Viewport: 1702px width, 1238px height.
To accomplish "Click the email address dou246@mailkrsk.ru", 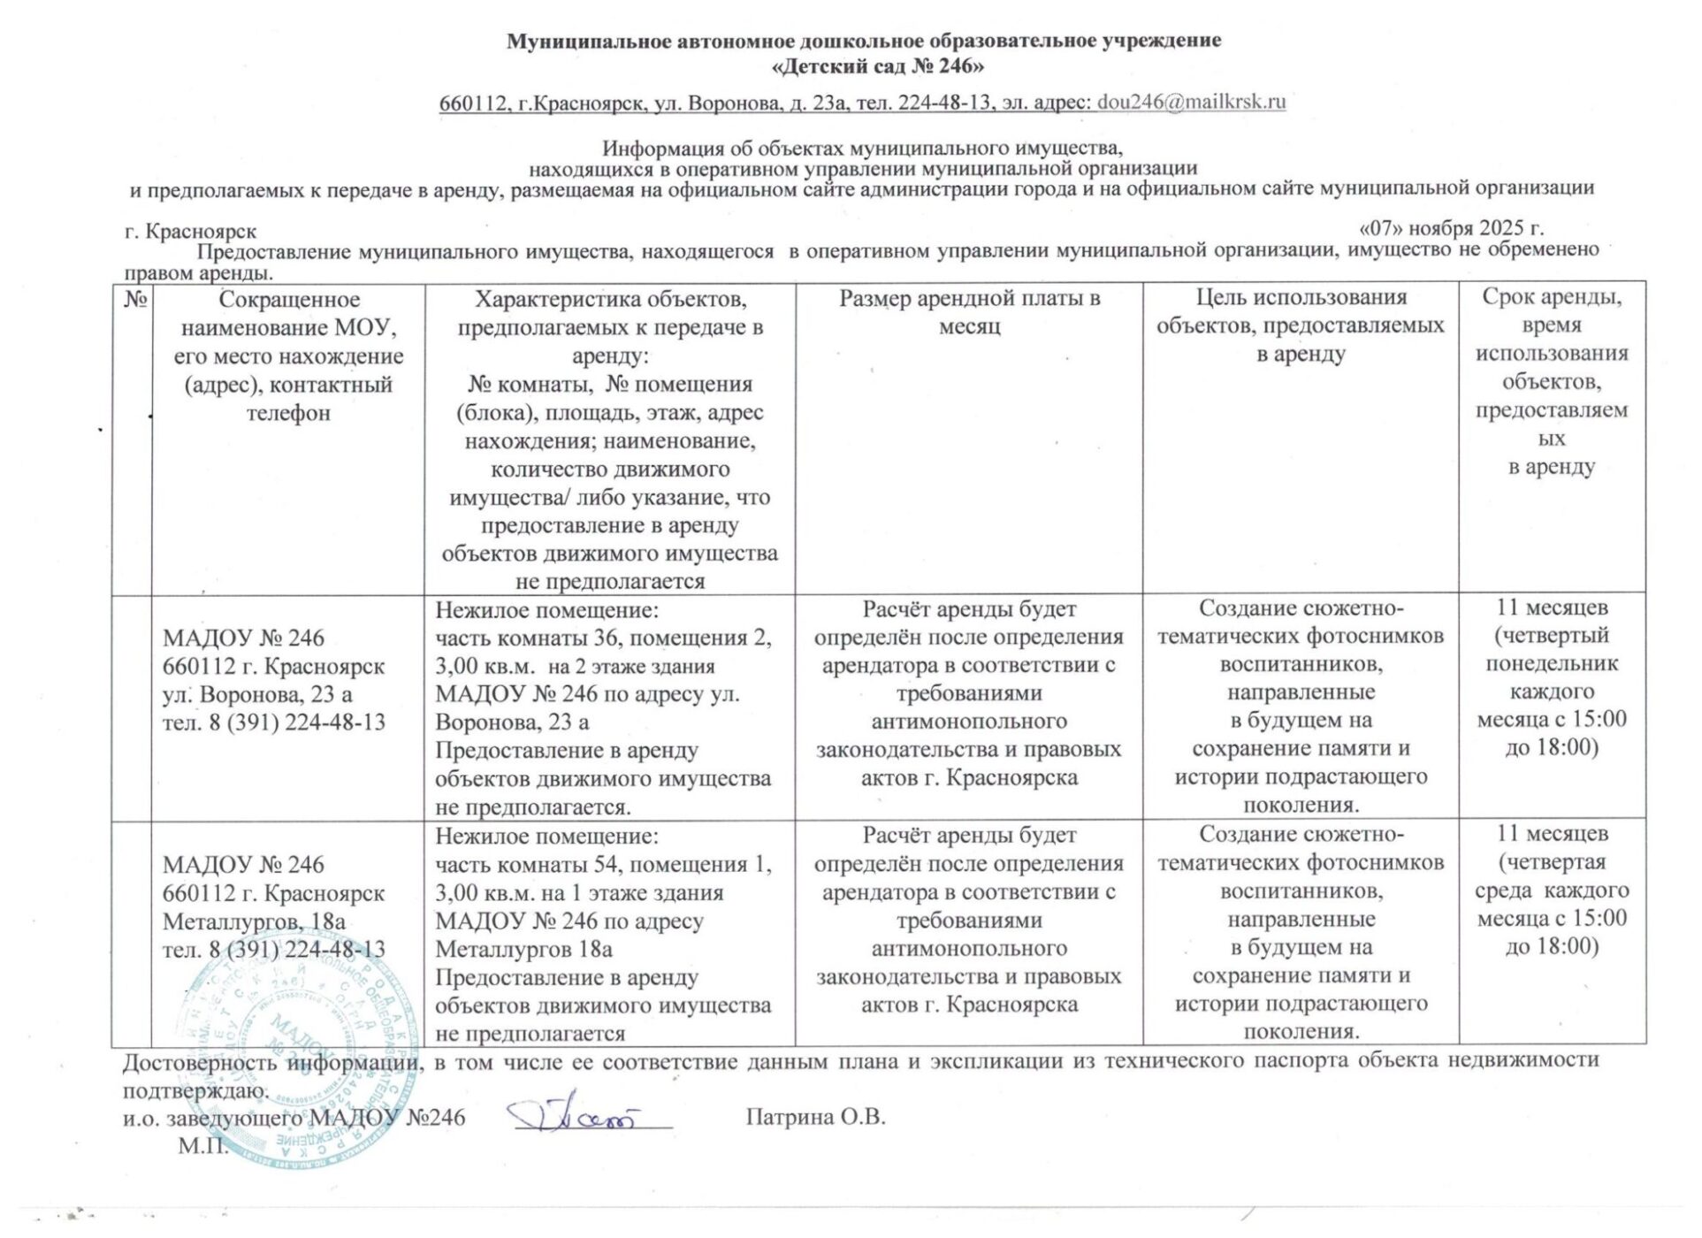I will coord(1191,102).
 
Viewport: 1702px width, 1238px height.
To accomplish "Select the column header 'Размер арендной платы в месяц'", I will coord(969,312).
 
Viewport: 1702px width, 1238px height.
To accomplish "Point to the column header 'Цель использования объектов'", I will coord(1300,325).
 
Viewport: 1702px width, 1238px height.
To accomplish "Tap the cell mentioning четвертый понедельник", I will coord(1552,677).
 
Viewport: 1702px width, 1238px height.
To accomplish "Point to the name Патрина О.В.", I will coord(815,1117).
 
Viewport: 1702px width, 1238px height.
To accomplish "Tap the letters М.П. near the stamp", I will coord(202,1147).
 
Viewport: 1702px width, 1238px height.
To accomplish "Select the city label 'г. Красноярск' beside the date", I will coord(191,232).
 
